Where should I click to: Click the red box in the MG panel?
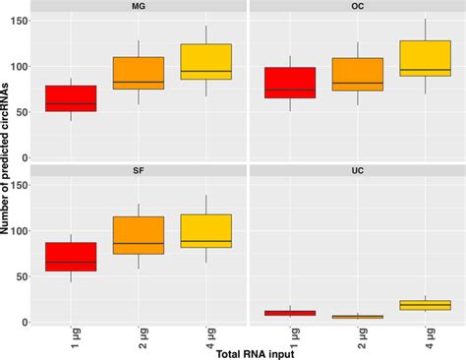pyautogui.click(x=71, y=98)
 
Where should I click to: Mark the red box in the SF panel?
pyautogui.click(x=71, y=257)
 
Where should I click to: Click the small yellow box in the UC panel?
pyautogui.click(x=425, y=305)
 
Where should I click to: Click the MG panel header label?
pyautogui.click(x=139, y=6)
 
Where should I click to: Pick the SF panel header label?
pyautogui.click(x=139, y=171)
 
